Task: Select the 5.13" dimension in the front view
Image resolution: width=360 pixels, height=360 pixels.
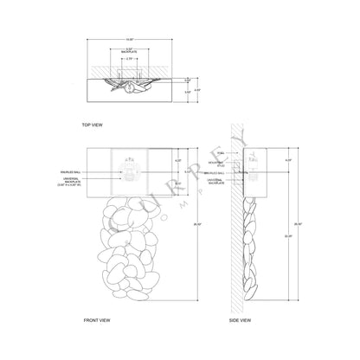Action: click(x=178, y=172)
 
